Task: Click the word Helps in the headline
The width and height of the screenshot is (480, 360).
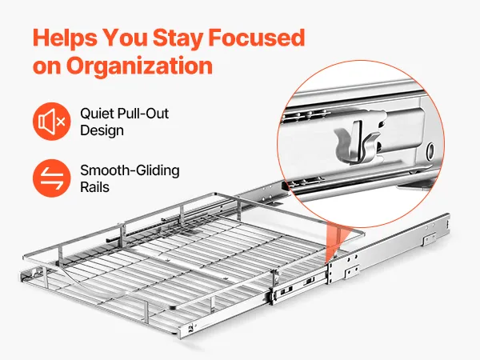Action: point(65,38)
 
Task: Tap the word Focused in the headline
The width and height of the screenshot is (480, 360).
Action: point(257,38)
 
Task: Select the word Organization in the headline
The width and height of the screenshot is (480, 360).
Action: point(139,66)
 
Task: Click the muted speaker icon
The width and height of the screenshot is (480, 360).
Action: point(52,122)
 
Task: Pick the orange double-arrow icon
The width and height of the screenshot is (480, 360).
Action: point(52,178)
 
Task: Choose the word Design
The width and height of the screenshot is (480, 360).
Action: point(102,131)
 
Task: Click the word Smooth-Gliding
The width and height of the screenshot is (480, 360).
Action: point(130,171)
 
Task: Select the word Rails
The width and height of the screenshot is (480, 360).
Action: point(94,187)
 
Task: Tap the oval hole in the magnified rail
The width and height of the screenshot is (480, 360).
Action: point(430,150)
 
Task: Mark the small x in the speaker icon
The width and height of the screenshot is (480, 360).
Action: point(61,122)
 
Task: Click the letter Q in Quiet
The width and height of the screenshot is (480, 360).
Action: point(85,114)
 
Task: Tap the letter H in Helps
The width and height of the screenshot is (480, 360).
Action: point(41,38)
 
